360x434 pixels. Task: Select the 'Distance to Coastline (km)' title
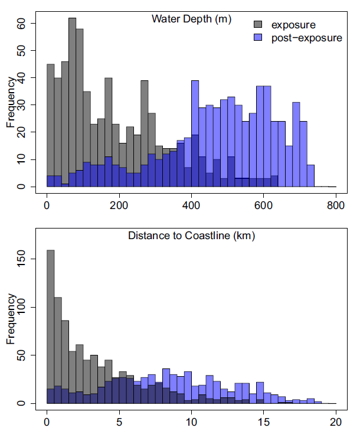(191, 236)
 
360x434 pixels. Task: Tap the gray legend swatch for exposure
(258, 25)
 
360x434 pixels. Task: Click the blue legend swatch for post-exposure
(258, 38)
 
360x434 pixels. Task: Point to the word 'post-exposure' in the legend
(306, 38)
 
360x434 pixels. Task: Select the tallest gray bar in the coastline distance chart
(50, 325)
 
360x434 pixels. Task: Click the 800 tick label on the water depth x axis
(336, 205)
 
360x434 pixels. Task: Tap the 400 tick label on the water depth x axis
(191, 205)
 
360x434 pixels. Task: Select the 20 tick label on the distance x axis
(336, 422)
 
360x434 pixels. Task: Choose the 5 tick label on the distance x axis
(119, 422)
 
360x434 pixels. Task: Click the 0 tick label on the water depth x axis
(47, 205)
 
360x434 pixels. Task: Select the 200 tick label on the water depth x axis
(119, 205)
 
